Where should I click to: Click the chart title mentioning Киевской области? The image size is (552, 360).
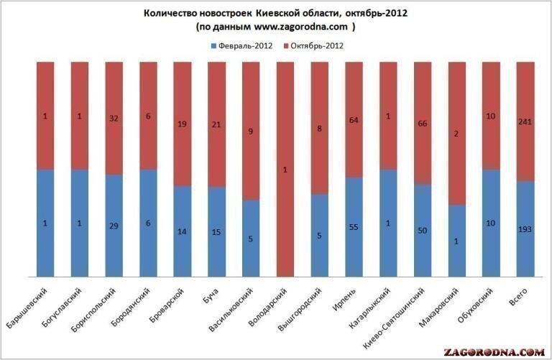click(x=275, y=14)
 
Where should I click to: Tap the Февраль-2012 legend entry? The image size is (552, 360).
click(x=241, y=46)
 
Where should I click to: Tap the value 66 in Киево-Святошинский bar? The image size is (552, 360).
click(x=423, y=123)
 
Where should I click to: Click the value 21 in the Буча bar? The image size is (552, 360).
click(x=217, y=124)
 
